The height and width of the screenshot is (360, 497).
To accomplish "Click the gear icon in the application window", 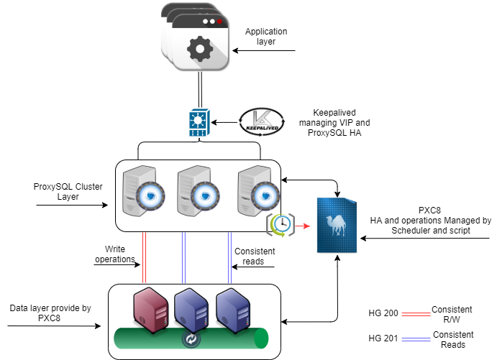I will [x=199, y=49].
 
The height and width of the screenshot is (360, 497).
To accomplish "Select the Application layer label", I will [x=266, y=37].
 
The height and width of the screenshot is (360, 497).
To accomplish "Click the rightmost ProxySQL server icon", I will [x=255, y=190].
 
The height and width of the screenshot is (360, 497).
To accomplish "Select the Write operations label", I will [x=115, y=254].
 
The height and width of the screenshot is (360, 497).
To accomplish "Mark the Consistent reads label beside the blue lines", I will [x=255, y=256].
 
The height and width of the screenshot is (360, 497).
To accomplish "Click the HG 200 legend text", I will [x=382, y=314].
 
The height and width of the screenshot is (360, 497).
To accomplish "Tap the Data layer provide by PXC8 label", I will [x=50, y=313].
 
